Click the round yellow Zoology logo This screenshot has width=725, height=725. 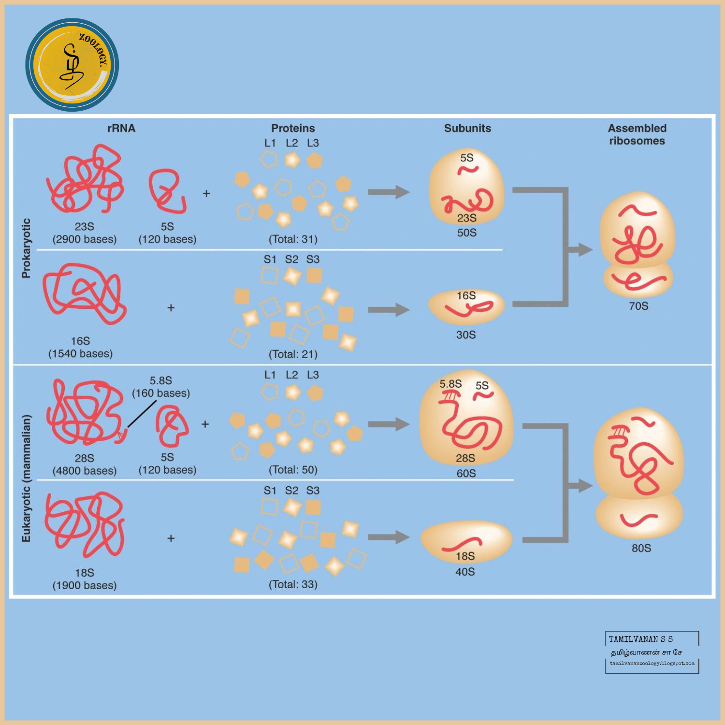[72, 65]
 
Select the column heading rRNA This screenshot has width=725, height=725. [121, 128]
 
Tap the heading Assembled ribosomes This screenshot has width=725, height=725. [637, 134]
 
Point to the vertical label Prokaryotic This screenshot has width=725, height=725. [26, 248]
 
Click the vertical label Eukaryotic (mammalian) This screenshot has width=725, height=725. [26, 478]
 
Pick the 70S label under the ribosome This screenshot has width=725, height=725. [638, 306]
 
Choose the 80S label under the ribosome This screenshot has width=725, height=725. [641, 548]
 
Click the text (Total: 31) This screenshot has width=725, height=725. [293, 239]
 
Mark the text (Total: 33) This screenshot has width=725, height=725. [293, 584]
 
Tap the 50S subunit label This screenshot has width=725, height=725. [467, 233]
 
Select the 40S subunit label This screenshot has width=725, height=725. [465, 572]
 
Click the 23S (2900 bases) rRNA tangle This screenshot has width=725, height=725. [86, 179]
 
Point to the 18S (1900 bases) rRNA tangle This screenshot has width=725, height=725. [85, 524]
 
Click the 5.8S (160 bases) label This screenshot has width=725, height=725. [161, 387]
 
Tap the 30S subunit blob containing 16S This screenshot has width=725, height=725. [466, 306]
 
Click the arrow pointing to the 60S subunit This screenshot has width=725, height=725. [389, 424]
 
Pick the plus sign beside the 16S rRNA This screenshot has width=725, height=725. [171, 308]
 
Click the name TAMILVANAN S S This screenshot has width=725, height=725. [640, 639]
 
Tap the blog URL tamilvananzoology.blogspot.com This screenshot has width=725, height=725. [652, 663]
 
